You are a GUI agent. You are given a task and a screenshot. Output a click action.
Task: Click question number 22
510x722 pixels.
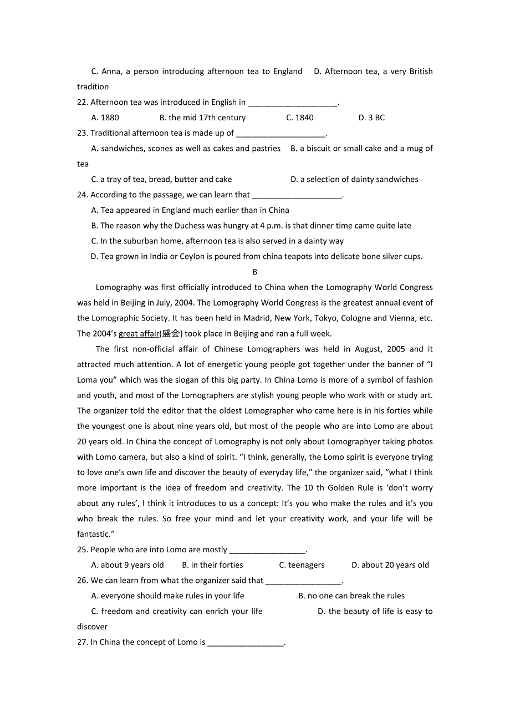pyautogui.click(x=83, y=103)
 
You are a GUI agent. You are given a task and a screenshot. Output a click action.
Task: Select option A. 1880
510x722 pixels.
pyautogui.click(x=105, y=118)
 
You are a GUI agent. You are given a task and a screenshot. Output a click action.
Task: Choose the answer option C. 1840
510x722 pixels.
pyautogui.click(x=299, y=118)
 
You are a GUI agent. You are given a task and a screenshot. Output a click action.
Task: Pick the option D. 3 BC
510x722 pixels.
pyautogui.click(x=371, y=118)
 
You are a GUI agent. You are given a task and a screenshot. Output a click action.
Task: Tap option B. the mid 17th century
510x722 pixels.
pyautogui.click(x=202, y=118)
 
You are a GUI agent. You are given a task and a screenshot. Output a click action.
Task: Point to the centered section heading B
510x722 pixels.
pyautogui.click(x=255, y=272)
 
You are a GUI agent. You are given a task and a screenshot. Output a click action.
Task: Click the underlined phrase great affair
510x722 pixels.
pyautogui.click(x=139, y=334)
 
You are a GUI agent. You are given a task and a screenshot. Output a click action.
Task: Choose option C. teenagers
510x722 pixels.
pyautogui.click(x=302, y=566)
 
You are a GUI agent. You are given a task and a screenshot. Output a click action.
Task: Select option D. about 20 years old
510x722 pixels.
pyautogui.click(x=390, y=566)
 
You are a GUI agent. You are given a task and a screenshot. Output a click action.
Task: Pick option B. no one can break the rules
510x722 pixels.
pyautogui.click(x=351, y=596)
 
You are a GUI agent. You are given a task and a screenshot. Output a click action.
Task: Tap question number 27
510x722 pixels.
pyautogui.click(x=83, y=643)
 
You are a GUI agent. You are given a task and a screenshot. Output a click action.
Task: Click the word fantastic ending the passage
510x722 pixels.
pyautogui.click(x=93, y=535)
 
